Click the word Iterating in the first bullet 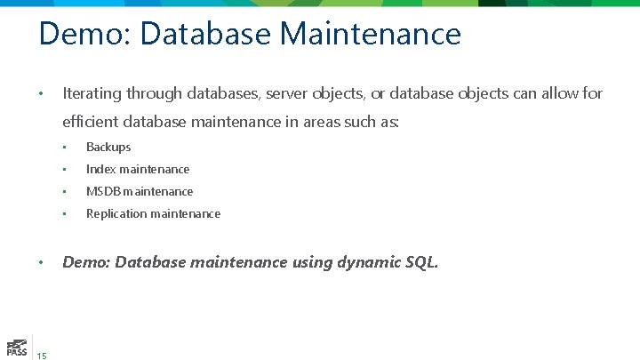coord(92,93)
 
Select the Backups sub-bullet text coord(108,147)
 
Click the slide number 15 coord(42,356)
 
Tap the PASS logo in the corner coord(15,347)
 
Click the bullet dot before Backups coord(65,148)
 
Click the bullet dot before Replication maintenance coord(65,214)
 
